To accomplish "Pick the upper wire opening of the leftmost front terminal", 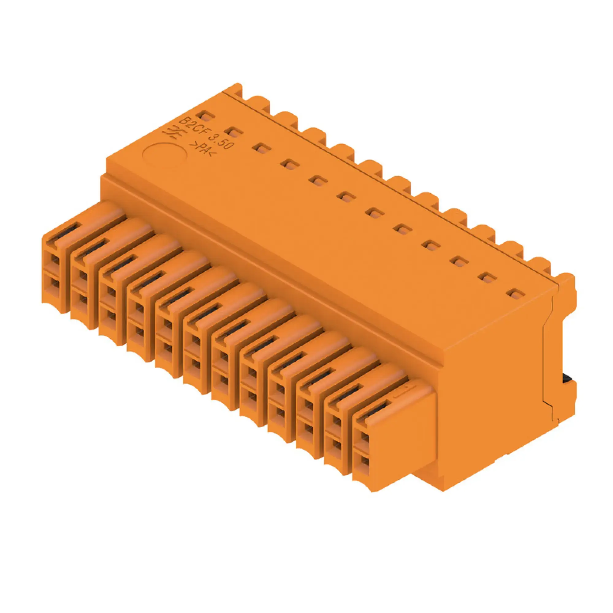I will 55,260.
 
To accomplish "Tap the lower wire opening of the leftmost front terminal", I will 55,283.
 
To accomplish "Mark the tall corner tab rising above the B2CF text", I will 235,89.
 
